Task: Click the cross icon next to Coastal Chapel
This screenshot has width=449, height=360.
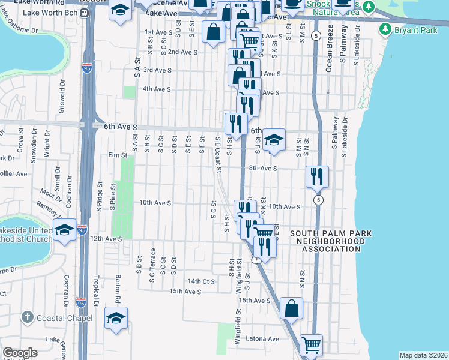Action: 27,316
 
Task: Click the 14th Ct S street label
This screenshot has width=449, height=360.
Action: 201,281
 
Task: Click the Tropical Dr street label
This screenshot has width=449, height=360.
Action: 95,291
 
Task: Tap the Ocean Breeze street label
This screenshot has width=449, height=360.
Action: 329,57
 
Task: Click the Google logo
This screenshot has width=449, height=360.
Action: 20,353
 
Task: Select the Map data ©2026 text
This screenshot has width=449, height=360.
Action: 423,355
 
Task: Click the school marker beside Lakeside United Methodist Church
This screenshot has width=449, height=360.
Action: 64,230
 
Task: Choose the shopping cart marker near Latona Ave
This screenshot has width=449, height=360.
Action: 311,344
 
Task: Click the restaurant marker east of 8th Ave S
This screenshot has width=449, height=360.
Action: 316,176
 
